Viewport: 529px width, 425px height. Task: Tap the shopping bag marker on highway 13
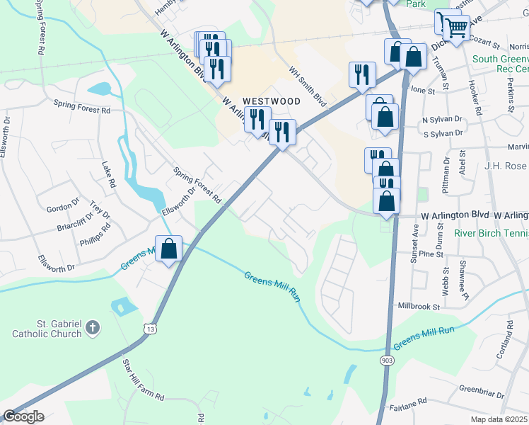tap(169, 249)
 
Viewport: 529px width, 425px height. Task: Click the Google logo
tap(23, 416)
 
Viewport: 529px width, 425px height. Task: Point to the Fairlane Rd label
tap(407, 401)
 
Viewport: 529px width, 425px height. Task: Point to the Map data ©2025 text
tap(499, 419)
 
